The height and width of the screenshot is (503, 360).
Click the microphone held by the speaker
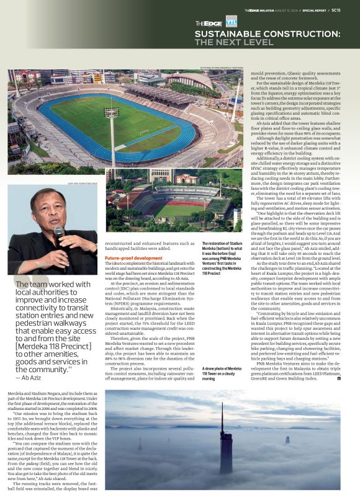(59, 233)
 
